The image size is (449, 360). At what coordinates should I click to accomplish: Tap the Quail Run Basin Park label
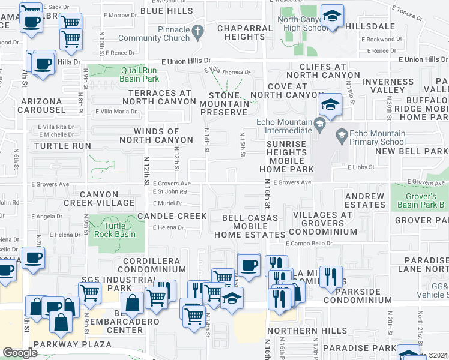(x=139, y=74)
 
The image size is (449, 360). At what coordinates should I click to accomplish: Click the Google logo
(x=20, y=353)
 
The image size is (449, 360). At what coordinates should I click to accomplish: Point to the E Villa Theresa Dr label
(x=227, y=71)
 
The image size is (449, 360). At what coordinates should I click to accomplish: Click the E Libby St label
(x=360, y=168)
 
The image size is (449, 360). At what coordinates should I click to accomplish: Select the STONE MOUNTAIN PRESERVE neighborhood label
(x=228, y=104)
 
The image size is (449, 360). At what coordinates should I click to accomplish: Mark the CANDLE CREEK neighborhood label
(x=172, y=215)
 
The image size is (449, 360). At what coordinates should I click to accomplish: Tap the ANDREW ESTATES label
(x=364, y=200)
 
